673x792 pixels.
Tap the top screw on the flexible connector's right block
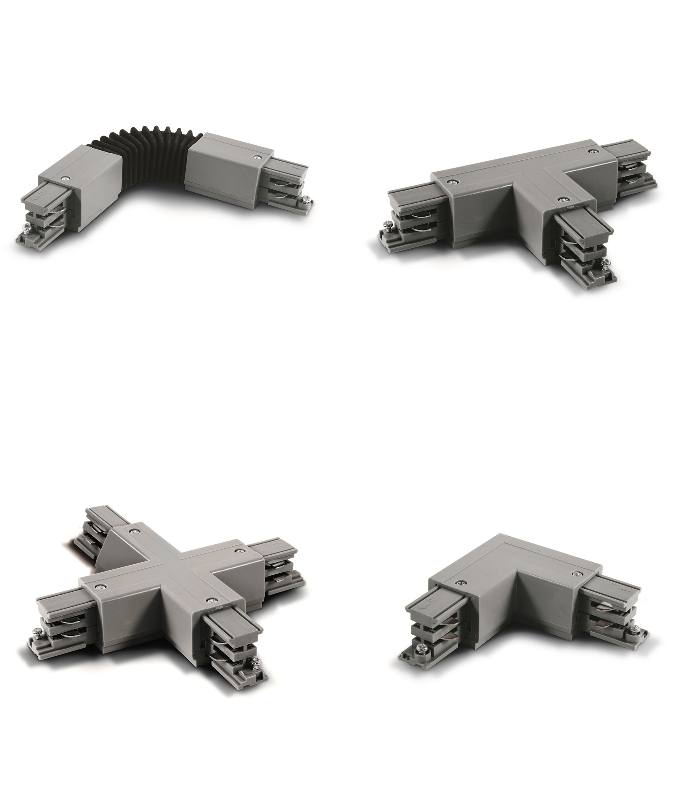pyautogui.click(x=256, y=157)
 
